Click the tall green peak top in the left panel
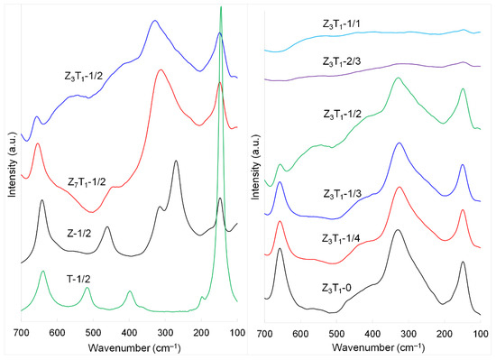(221, 8)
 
